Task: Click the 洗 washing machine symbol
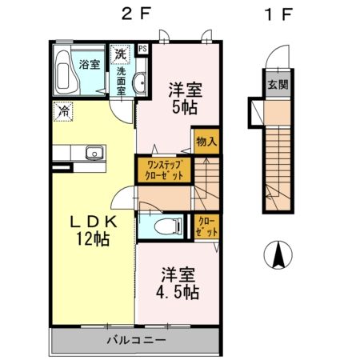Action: point(120,55)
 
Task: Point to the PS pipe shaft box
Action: point(142,50)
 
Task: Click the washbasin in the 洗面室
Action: point(139,82)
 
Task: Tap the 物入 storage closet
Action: point(206,142)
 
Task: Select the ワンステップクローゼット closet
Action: point(165,169)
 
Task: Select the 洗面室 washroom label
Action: point(121,81)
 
